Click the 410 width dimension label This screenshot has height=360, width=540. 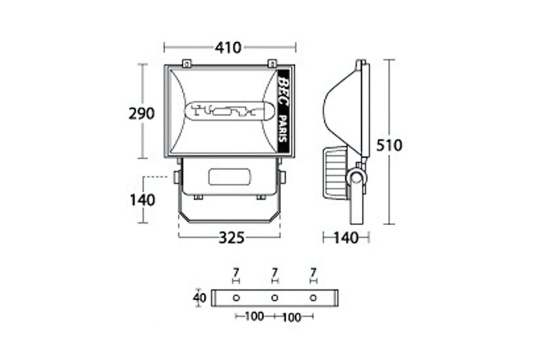click(x=228, y=48)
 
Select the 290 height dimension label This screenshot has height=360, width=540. click(x=141, y=113)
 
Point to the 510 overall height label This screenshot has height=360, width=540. click(x=389, y=145)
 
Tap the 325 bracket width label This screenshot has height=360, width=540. click(x=231, y=238)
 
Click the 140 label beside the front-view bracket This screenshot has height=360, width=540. click(x=142, y=200)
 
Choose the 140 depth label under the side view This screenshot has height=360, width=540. click(x=346, y=238)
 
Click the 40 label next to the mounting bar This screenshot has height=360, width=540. click(x=199, y=298)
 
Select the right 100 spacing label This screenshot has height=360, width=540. click(x=292, y=318)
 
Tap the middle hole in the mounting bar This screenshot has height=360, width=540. click(x=274, y=298)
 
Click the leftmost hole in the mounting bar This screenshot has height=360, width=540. click(x=236, y=298)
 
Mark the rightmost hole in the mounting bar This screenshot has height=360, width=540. click(x=313, y=298)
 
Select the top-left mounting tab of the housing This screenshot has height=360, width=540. click(x=187, y=63)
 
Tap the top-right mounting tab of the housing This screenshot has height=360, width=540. click(x=272, y=63)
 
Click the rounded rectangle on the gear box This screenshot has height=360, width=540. click(x=229, y=177)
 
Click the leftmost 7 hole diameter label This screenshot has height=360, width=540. click(x=236, y=273)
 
